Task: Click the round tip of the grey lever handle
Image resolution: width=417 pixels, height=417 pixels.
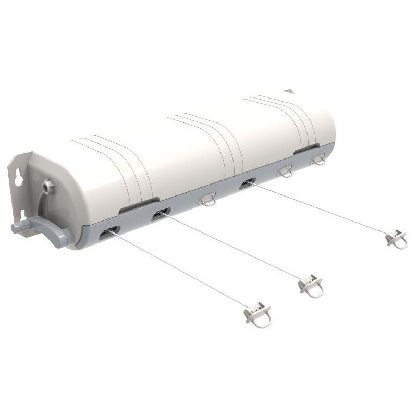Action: coord(16,227)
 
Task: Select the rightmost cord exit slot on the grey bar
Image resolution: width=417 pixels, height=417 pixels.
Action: coord(247,183)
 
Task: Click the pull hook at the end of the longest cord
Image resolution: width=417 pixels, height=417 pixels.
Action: coord(259,315)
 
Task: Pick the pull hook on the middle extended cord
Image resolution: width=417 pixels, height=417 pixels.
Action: coord(311,286)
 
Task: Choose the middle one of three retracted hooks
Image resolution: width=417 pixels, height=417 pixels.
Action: coord(285,171)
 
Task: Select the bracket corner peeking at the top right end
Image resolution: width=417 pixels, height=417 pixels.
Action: coord(290,91)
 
